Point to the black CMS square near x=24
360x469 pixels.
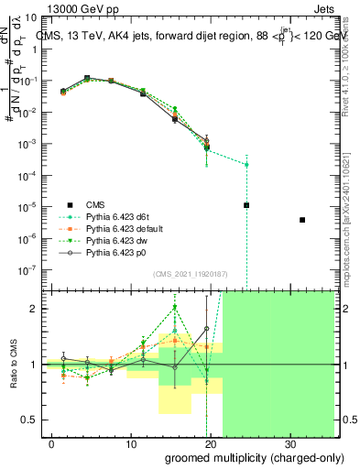(x=246, y=205)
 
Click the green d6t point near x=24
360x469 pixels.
(x=246, y=165)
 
